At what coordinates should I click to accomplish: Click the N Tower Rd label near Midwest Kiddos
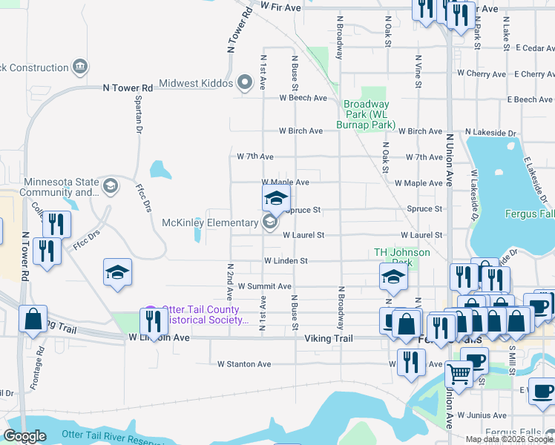point(128,88)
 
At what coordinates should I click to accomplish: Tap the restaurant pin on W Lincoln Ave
point(153,321)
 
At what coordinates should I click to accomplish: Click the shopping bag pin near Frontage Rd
point(33,319)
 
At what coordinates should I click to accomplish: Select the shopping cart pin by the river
point(459,375)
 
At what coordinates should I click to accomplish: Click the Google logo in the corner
point(24,437)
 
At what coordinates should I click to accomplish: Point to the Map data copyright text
point(509,439)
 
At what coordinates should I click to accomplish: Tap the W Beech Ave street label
point(303,98)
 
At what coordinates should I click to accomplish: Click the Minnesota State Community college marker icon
point(111,185)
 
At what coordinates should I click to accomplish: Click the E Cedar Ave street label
point(530,48)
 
